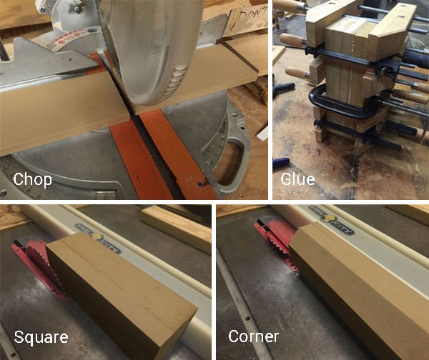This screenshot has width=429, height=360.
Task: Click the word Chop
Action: (x=32, y=179)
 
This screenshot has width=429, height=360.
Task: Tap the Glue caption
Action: (x=297, y=179)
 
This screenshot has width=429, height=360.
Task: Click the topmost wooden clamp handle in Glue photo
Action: (x=290, y=6)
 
